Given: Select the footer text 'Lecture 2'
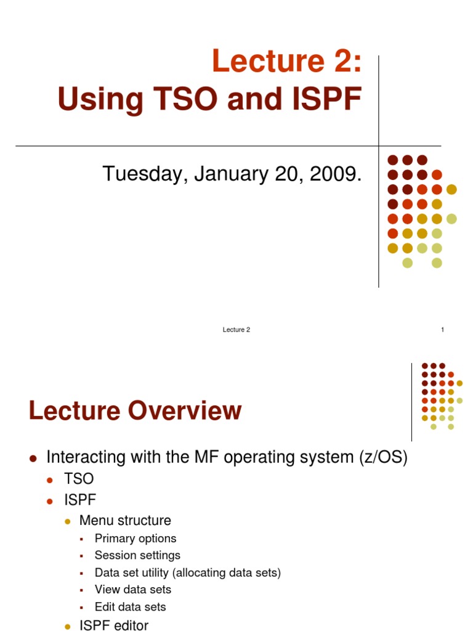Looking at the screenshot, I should tap(236, 330).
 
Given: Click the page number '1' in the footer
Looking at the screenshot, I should tap(442, 330).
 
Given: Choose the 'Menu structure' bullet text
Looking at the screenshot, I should tap(125, 520).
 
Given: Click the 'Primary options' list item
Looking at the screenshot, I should tap(135, 538).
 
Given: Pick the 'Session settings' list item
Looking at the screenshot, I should tap(137, 555).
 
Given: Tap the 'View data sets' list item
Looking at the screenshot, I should tap(133, 590).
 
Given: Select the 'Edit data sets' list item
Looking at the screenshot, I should tap(131, 607).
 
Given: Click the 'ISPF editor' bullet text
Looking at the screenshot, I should tap(114, 625).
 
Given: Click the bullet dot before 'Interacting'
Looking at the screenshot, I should tap(34, 458).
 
